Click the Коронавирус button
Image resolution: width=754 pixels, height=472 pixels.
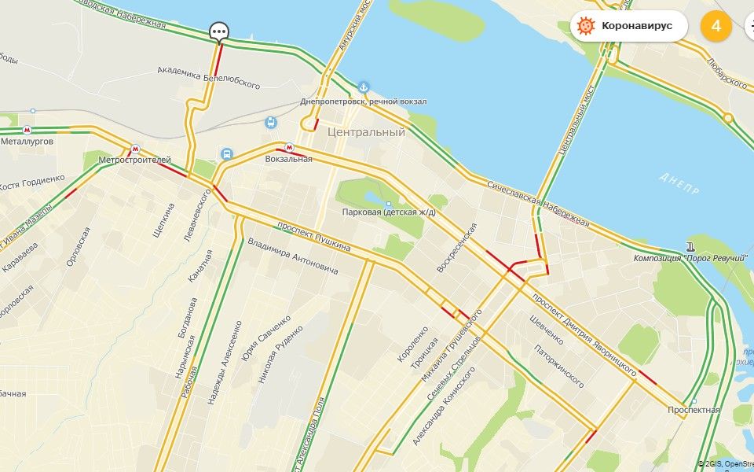point(628,26)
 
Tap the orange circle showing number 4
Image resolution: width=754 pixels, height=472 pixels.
point(716,26)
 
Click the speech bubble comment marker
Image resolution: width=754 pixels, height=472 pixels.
point(219,31)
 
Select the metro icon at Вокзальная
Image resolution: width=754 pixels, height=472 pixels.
point(289,147)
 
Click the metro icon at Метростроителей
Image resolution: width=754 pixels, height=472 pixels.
point(135,149)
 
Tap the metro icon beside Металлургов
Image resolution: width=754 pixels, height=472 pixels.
point(27,130)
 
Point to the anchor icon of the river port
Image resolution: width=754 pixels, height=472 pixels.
point(364,87)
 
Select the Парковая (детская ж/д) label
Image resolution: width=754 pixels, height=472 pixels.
point(389,212)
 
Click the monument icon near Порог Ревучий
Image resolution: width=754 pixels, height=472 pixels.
point(690,244)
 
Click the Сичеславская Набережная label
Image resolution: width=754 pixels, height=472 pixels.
point(538,204)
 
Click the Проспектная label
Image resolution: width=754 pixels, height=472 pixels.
point(694,411)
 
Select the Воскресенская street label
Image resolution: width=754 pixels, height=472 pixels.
point(457,248)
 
